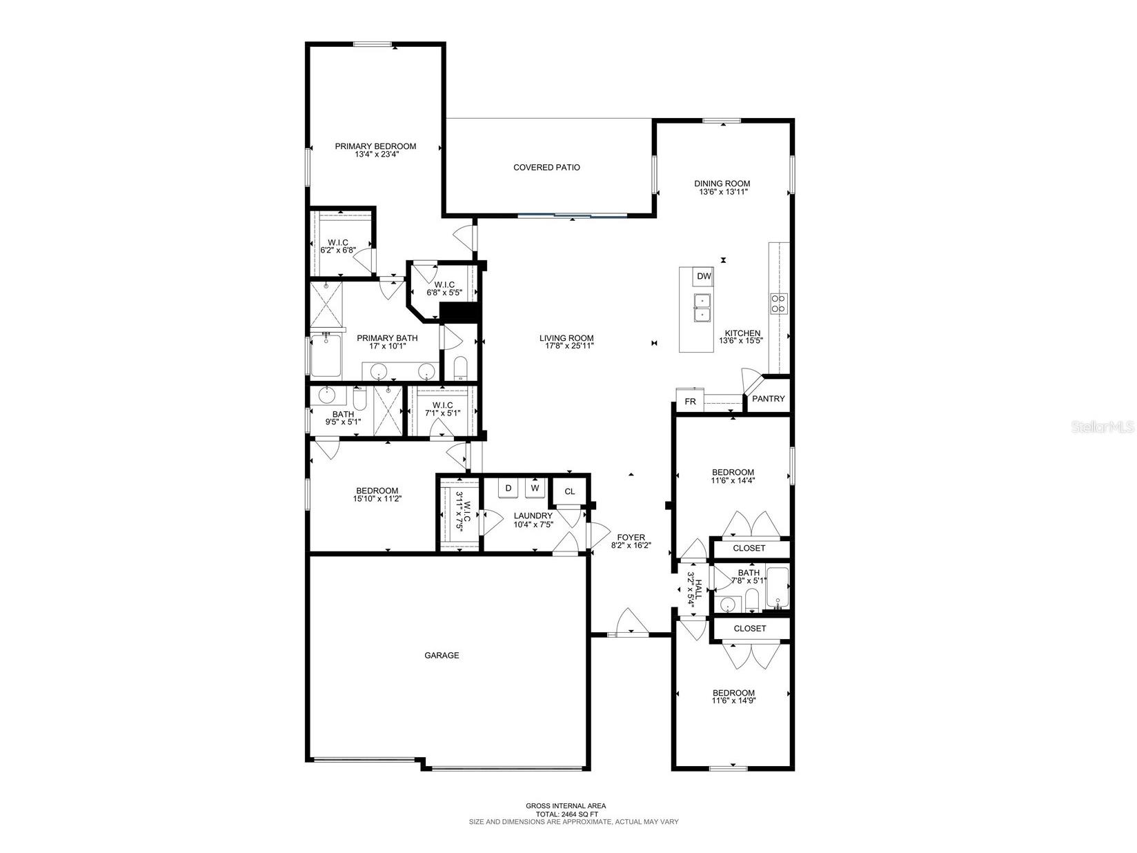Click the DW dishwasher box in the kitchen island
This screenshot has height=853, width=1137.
pyautogui.click(x=703, y=277)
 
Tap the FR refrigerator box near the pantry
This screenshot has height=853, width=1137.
pyautogui.click(x=690, y=401)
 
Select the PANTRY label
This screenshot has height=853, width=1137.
pyautogui.click(x=768, y=399)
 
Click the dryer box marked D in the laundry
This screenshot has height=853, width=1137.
pyautogui.click(x=508, y=488)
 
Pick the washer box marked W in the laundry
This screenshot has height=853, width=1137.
pyautogui.click(x=535, y=488)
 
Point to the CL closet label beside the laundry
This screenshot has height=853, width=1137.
pyautogui.click(x=569, y=491)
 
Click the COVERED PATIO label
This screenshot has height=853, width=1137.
pyautogui.click(x=546, y=167)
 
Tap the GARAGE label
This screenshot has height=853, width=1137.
pyautogui.click(x=442, y=656)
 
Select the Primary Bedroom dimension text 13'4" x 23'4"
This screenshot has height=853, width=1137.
pyautogui.click(x=377, y=155)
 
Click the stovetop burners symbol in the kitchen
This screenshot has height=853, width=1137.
pyautogui.click(x=778, y=303)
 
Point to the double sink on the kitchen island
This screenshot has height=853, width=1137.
pyautogui.click(x=702, y=308)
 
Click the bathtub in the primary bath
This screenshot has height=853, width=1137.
pyautogui.click(x=325, y=356)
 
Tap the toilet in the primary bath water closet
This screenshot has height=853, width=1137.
pyautogui.click(x=460, y=368)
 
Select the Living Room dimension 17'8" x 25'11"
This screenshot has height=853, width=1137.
pyautogui.click(x=566, y=346)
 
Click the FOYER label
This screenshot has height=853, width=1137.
pyautogui.click(x=631, y=537)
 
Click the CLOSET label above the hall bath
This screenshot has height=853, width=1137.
pyautogui.click(x=749, y=548)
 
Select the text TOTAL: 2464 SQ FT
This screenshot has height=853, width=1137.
pyautogui.click(x=566, y=814)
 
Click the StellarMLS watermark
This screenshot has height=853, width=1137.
pyautogui.click(x=1102, y=427)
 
